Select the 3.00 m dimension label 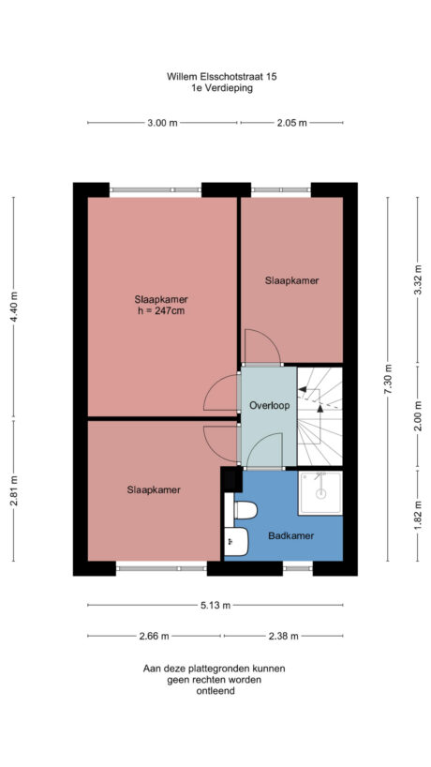(162, 123)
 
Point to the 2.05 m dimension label (292, 123)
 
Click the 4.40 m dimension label (13, 304)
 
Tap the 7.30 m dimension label (387, 379)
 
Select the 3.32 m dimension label (418, 278)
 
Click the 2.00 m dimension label (418, 415)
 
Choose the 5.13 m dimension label (215, 605)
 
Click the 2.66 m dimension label (154, 636)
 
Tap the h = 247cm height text (162, 311)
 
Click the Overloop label (269, 405)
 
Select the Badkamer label (290, 535)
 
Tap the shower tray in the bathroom (320, 493)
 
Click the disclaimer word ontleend (215, 691)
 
